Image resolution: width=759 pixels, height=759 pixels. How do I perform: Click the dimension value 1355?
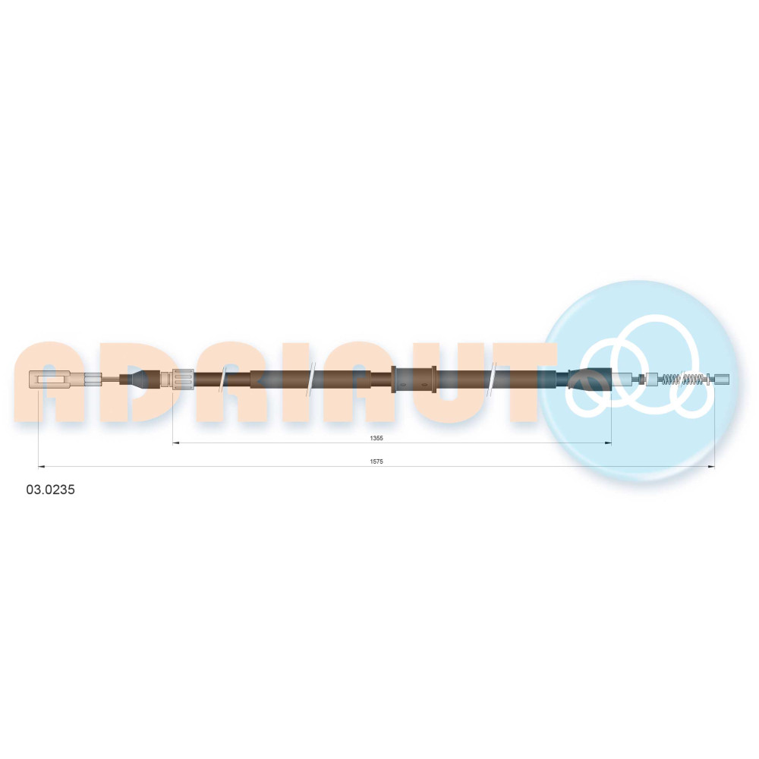[x=376, y=438]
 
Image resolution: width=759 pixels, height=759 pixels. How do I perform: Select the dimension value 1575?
[x=376, y=461]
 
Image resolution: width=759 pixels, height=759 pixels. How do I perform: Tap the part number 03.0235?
[x=50, y=490]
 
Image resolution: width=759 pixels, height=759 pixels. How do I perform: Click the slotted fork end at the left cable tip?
[x=50, y=379]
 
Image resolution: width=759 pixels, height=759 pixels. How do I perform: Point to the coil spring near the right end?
[x=685, y=379]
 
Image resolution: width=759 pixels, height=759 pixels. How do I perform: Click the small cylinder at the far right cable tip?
[x=722, y=379]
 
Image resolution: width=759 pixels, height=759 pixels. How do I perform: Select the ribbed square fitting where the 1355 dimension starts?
[x=183, y=379]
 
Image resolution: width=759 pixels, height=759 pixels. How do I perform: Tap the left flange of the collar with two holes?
[x=394, y=379]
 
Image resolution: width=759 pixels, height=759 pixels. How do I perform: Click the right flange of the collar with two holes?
[x=433, y=379]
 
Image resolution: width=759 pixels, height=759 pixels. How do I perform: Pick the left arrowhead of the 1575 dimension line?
[x=41, y=467]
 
